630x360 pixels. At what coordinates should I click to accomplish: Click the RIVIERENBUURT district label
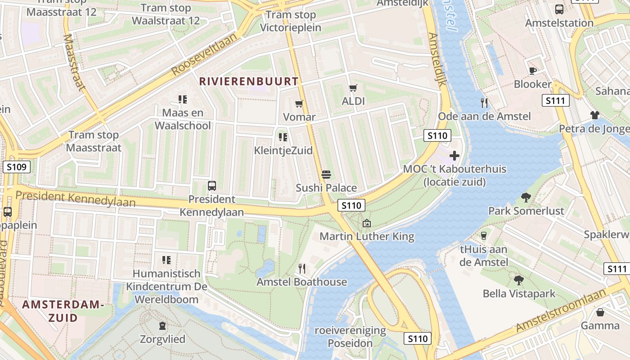[x=249, y=81]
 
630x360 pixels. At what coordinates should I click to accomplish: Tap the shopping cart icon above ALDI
[x=353, y=88]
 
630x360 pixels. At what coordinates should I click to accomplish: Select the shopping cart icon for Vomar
[x=299, y=104]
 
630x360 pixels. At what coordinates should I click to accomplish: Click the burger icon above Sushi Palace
[x=326, y=175]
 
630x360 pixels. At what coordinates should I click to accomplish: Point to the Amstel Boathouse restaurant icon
[x=302, y=269]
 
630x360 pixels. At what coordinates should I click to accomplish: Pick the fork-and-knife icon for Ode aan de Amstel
[x=484, y=103]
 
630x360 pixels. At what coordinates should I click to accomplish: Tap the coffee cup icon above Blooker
[x=533, y=71]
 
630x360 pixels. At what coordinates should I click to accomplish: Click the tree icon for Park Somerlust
[x=526, y=197]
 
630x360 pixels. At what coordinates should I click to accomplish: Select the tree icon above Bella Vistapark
[x=519, y=280]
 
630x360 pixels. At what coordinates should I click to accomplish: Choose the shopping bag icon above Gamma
[x=600, y=312]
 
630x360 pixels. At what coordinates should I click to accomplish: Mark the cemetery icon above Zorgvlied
[x=162, y=325]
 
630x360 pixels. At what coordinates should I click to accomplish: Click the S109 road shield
[x=17, y=167]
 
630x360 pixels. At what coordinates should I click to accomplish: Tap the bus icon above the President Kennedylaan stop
[x=211, y=185]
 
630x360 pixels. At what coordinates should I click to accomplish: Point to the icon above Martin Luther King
[x=367, y=223]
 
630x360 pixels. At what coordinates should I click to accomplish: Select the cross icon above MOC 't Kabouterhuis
[x=454, y=156]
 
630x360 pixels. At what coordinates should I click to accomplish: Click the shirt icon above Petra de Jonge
[x=595, y=116]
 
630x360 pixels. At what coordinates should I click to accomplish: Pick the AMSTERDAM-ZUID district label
[x=63, y=311]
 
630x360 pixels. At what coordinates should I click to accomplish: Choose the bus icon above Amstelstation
[x=559, y=9]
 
